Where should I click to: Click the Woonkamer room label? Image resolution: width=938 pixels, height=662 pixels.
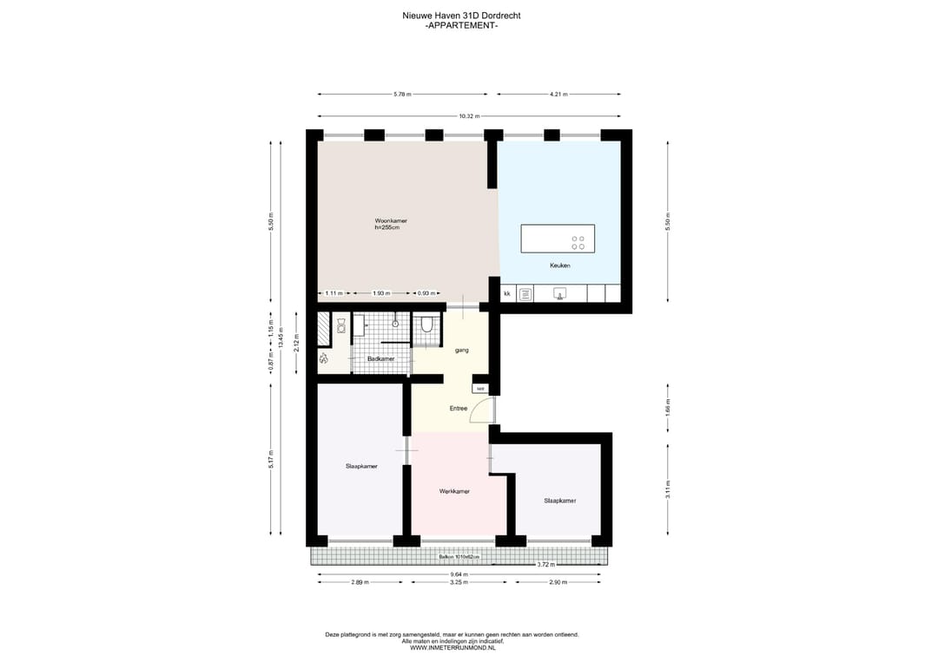coord(391,221)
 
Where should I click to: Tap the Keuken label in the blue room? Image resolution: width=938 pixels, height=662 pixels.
coord(559,265)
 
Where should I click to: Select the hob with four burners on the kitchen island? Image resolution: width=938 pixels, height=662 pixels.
coord(578,243)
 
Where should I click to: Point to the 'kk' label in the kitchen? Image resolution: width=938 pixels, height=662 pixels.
coord(506,294)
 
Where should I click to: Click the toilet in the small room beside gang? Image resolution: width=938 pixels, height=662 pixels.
coord(426,326)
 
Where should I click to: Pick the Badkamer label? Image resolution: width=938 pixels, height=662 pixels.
coord(380,358)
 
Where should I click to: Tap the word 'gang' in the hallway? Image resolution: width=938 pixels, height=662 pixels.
coord(462,350)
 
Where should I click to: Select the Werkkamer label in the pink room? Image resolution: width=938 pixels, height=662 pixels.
coord(454,491)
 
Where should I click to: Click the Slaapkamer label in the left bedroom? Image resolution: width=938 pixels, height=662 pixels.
coord(361,466)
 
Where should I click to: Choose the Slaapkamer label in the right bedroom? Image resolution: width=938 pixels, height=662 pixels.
coord(559,501)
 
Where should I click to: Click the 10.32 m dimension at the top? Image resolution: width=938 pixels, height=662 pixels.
coord(469,116)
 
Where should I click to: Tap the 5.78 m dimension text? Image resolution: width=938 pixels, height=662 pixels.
coord(402,94)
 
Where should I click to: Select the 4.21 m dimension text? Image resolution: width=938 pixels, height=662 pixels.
coord(558,94)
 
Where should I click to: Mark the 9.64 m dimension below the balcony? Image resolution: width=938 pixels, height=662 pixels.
coord(459,574)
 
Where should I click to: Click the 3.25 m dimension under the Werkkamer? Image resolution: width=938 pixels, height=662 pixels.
coord(459,583)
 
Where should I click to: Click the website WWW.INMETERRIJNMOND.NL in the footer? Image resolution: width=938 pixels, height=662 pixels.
coord(452,647)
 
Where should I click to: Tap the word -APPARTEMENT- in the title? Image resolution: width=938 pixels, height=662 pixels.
coord(461,26)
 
